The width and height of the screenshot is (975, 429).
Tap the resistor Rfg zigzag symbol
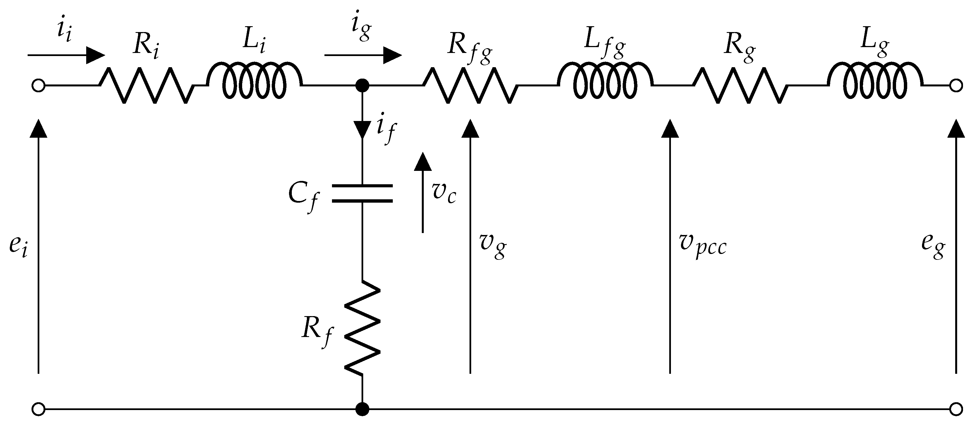[470, 86]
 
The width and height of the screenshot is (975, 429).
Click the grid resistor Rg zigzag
[741, 86]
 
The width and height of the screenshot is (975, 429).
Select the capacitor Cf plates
[362, 194]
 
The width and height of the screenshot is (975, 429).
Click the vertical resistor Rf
[362, 328]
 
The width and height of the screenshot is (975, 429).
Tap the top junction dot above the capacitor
[362, 86]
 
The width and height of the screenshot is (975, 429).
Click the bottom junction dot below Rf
[362, 409]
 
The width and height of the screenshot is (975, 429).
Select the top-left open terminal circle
[38, 86]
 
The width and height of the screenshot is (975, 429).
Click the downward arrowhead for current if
[362, 130]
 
